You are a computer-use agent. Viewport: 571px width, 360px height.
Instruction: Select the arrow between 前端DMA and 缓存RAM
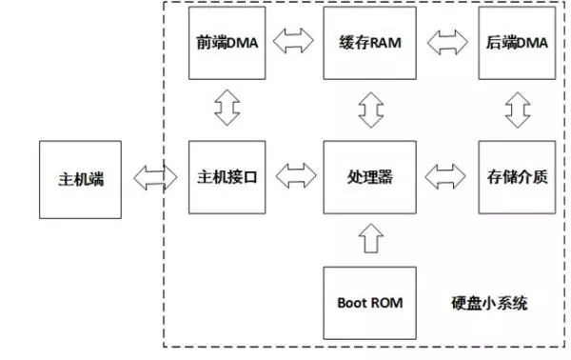point(294,42)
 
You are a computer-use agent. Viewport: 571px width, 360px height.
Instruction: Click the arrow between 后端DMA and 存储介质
point(516,109)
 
